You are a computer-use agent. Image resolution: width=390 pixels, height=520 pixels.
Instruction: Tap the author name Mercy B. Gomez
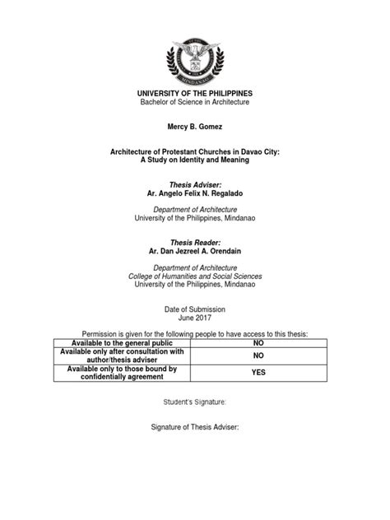click(194, 129)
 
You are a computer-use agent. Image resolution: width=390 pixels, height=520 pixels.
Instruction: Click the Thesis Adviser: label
click(194, 187)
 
